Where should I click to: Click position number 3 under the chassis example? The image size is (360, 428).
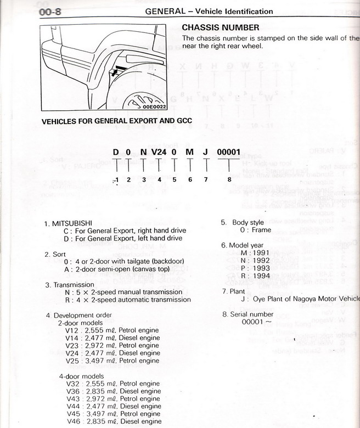tap(143, 178)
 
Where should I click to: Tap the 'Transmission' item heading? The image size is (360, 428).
tap(74, 285)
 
